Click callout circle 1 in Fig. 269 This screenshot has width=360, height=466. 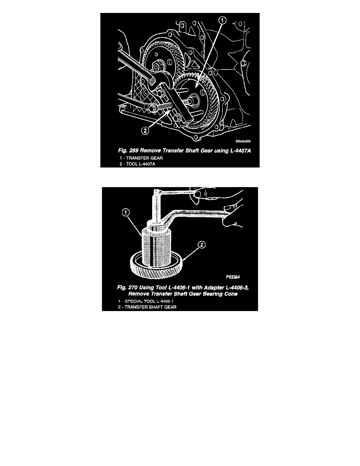tap(222, 20)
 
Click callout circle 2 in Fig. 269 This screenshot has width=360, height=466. tap(145, 131)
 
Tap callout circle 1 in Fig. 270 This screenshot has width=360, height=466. tap(126, 213)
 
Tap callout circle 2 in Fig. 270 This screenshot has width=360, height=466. tap(202, 245)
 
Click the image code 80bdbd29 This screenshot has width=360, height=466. tap(243, 141)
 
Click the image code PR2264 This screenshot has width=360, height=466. tap(233, 277)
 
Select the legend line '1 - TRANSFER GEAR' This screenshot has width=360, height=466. tap(141, 158)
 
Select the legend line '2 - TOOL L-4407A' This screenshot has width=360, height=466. tap(137, 164)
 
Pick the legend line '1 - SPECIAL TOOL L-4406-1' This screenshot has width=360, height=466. tap(145, 301)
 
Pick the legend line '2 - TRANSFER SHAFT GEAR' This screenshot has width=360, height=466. tap(147, 307)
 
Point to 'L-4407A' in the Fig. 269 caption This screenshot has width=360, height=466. tap(240, 151)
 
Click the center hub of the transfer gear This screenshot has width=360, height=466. tap(195, 98)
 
